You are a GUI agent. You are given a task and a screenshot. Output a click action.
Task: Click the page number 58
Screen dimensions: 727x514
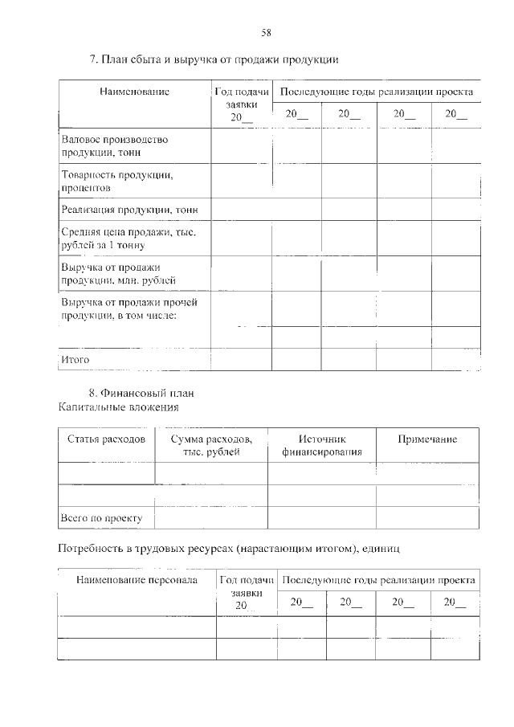266,32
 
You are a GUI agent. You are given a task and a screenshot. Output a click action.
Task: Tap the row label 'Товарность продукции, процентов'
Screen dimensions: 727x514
117,181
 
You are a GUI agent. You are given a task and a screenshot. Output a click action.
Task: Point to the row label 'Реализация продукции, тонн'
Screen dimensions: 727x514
129,210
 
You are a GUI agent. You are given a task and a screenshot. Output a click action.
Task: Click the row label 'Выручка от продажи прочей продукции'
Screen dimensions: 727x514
129,308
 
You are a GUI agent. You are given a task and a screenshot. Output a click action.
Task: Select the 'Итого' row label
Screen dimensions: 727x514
75,359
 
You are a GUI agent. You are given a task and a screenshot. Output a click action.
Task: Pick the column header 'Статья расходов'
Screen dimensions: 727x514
106,439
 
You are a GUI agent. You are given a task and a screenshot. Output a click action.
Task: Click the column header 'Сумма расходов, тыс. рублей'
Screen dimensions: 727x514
211,445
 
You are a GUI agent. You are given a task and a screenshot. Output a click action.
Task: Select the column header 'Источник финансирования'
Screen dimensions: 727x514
321,445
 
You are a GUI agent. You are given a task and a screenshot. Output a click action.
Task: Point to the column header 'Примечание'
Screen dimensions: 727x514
427,439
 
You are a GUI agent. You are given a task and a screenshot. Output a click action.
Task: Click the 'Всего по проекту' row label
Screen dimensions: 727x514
101,518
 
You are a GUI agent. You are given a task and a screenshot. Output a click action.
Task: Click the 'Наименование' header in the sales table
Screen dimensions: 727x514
134,92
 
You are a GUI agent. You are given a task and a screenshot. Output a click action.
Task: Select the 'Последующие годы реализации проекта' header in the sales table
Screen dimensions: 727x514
376,92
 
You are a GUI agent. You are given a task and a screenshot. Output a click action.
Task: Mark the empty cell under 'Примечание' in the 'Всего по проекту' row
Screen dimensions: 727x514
427,518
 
